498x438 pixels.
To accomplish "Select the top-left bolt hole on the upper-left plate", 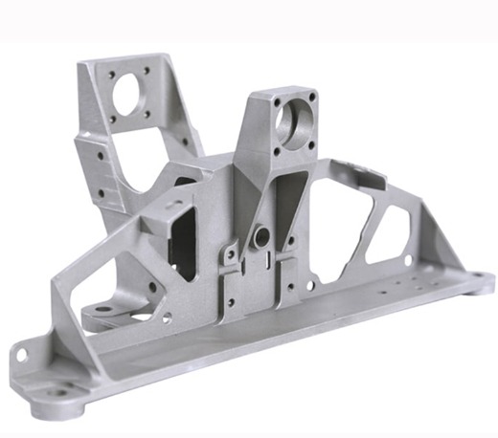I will pos(112,72).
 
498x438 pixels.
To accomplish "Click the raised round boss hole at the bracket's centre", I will pos(259,233).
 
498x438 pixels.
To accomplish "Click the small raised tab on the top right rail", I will pos(362,172).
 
